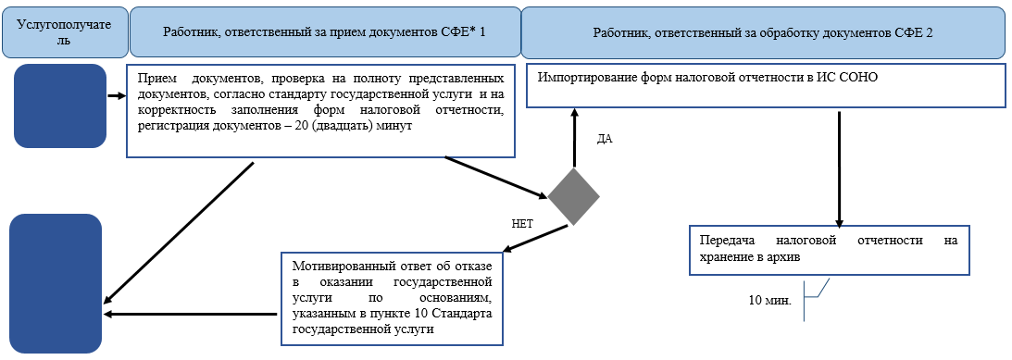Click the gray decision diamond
coord(573,196)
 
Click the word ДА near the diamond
coord(605,139)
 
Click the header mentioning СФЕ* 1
coord(324,32)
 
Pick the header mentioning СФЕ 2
coord(762,32)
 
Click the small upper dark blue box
coord(60,106)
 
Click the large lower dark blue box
coord(56,283)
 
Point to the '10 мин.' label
coord(769,301)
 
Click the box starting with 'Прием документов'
coord(319,110)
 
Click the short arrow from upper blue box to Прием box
coord(117,95)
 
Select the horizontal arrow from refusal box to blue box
coord(191,314)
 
